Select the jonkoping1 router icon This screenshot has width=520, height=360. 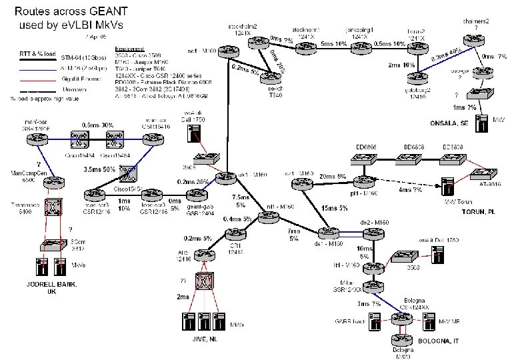click(363, 45)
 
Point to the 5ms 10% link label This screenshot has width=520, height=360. click(334, 44)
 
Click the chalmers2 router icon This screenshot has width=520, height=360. click(477, 41)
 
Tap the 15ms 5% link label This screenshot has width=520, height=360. click(333, 209)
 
